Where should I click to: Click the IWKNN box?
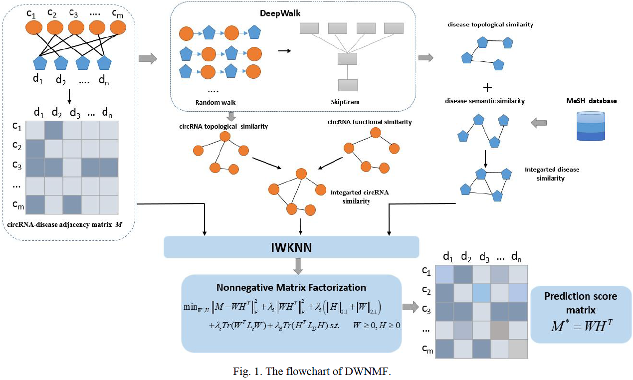click(292, 247)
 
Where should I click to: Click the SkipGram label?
click(344, 102)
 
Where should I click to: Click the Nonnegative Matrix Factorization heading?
click(291, 288)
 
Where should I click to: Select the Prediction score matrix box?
click(581, 315)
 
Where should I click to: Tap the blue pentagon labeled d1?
click(40, 63)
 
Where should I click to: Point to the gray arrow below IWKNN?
click(298, 268)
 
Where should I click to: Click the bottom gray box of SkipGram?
click(344, 86)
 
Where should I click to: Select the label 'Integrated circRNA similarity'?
click(353, 196)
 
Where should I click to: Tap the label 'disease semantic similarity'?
click(485, 101)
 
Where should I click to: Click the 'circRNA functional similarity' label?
click(370, 122)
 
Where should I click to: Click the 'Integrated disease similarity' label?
click(552, 174)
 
